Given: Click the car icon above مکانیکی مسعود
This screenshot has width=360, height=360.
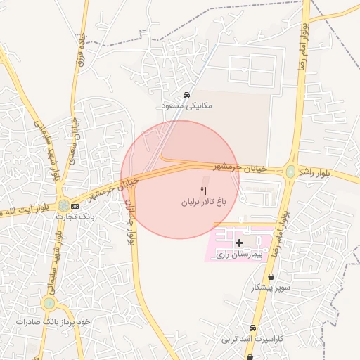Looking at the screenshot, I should click(x=186, y=95).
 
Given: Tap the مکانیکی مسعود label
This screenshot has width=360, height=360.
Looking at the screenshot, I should click(x=186, y=105).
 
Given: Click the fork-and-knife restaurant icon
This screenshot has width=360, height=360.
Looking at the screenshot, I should click(x=204, y=190).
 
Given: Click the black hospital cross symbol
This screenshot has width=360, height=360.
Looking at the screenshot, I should click(x=240, y=242).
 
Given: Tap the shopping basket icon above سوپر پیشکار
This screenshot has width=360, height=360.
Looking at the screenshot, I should click(x=271, y=277).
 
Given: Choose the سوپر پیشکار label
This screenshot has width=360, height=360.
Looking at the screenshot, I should click(x=271, y=288).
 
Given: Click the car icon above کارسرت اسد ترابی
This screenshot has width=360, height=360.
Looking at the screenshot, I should click(x=252, y=328).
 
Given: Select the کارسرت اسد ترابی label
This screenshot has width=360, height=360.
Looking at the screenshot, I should click(x=252, y=339).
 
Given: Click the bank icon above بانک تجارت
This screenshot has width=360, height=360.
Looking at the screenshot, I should click(x=75, y=206).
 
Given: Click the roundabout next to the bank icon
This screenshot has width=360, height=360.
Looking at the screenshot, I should click(x=63, y=206).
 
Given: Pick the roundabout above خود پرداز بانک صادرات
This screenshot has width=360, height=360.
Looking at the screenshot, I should click(x=49, y=304).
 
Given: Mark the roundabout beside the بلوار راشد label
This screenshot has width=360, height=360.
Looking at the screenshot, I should click(x=290, y=171).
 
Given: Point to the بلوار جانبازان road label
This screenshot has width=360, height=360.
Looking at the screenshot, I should click(x=131, y=211).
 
